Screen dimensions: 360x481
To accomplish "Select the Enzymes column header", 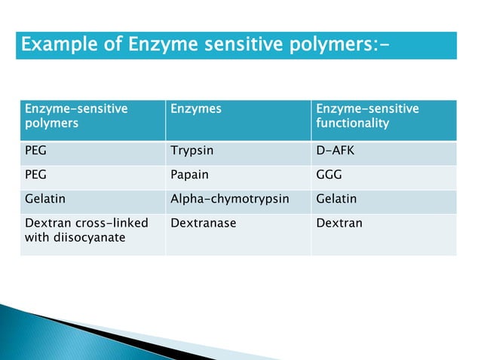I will point(196,109).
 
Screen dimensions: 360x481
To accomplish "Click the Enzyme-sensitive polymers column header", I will point(76,116).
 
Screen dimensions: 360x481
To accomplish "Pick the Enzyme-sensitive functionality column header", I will point(367,116).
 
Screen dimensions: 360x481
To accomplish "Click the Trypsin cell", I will point(192,151).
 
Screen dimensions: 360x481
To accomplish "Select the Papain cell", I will point(191,175).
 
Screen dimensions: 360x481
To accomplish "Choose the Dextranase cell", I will point(204,224).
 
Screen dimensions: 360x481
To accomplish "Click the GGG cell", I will point(329,175).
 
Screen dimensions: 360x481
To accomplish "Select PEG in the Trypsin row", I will point(36,151).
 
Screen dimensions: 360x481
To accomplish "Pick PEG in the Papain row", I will point(36,175).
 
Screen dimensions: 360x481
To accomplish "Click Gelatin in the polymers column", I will point(44,200).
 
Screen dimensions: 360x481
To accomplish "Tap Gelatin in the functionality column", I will point(336,200).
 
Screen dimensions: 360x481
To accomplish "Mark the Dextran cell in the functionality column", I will point(339,224).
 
